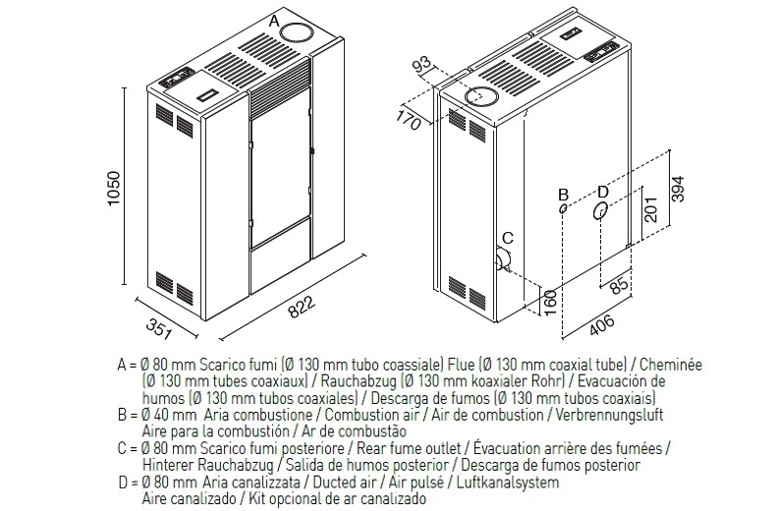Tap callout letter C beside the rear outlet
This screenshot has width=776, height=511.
pos(508,238)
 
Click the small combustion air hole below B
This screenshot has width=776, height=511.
pos(562,208)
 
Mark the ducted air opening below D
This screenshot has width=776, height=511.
pos(601,210)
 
